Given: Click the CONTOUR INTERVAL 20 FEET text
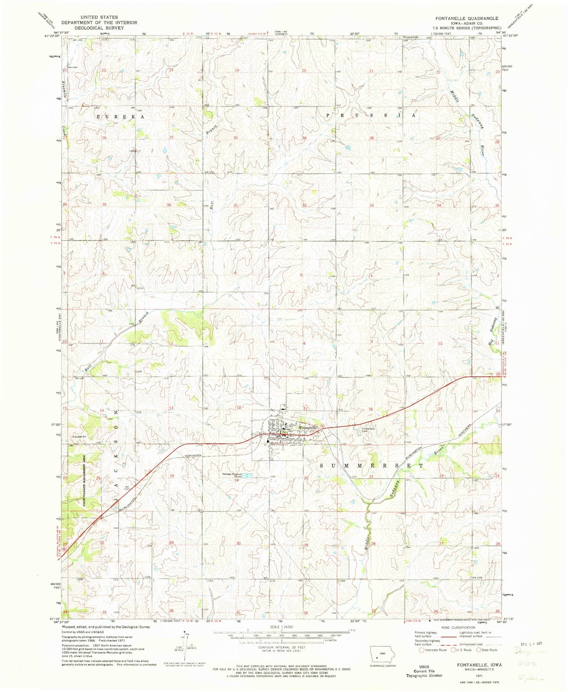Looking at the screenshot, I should (x=281, y=647).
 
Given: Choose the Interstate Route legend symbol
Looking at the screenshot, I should (x=422, y=650).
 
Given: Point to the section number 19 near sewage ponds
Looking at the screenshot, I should (x=237, y=480).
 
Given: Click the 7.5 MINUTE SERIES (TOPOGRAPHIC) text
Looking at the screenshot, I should (x=467, y=28).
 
